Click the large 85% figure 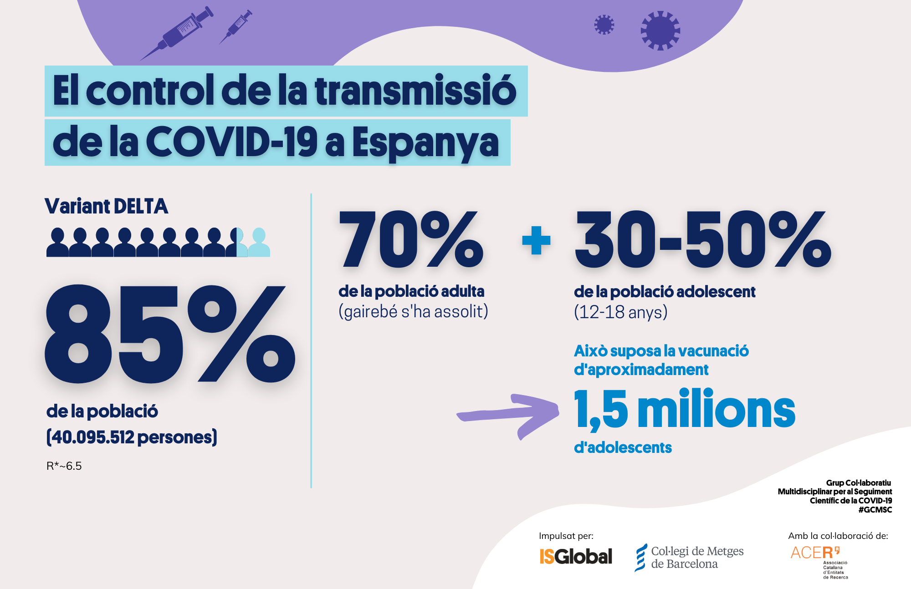tap(169, 334)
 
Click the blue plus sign tap(536, 240)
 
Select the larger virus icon tap(660, 30)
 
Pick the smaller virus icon tap(604, 25)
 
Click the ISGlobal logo tap(576, 556)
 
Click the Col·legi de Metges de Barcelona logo tap(689, 558)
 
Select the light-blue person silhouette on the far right tap(259, 243)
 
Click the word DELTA tap(141, 206)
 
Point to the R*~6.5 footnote tap(64, 466)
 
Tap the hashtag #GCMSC tap(875, 510)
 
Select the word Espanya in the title tap(425, 143)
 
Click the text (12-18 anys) tap(620, 312)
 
